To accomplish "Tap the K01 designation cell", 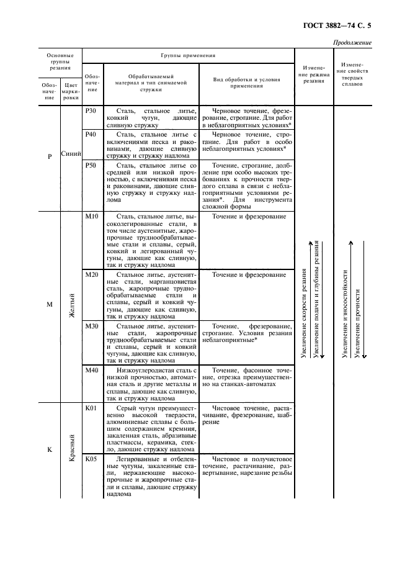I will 91,408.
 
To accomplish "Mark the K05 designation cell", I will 91,459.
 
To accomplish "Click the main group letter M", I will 50,305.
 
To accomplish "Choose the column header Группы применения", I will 188,55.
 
